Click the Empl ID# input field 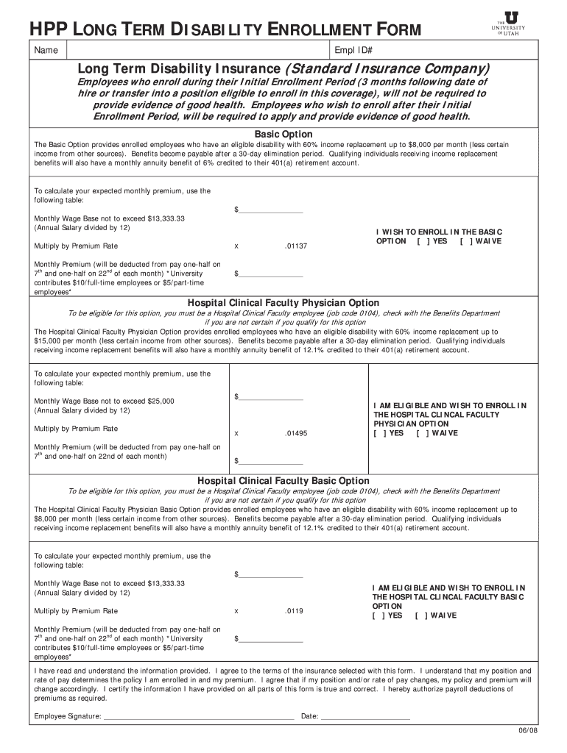tap(454, 50)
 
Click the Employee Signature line tap(199, 716)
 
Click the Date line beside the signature tap(365, 716)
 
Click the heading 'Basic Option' tap(283, 134)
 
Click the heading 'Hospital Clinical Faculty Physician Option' tap(283, 303)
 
